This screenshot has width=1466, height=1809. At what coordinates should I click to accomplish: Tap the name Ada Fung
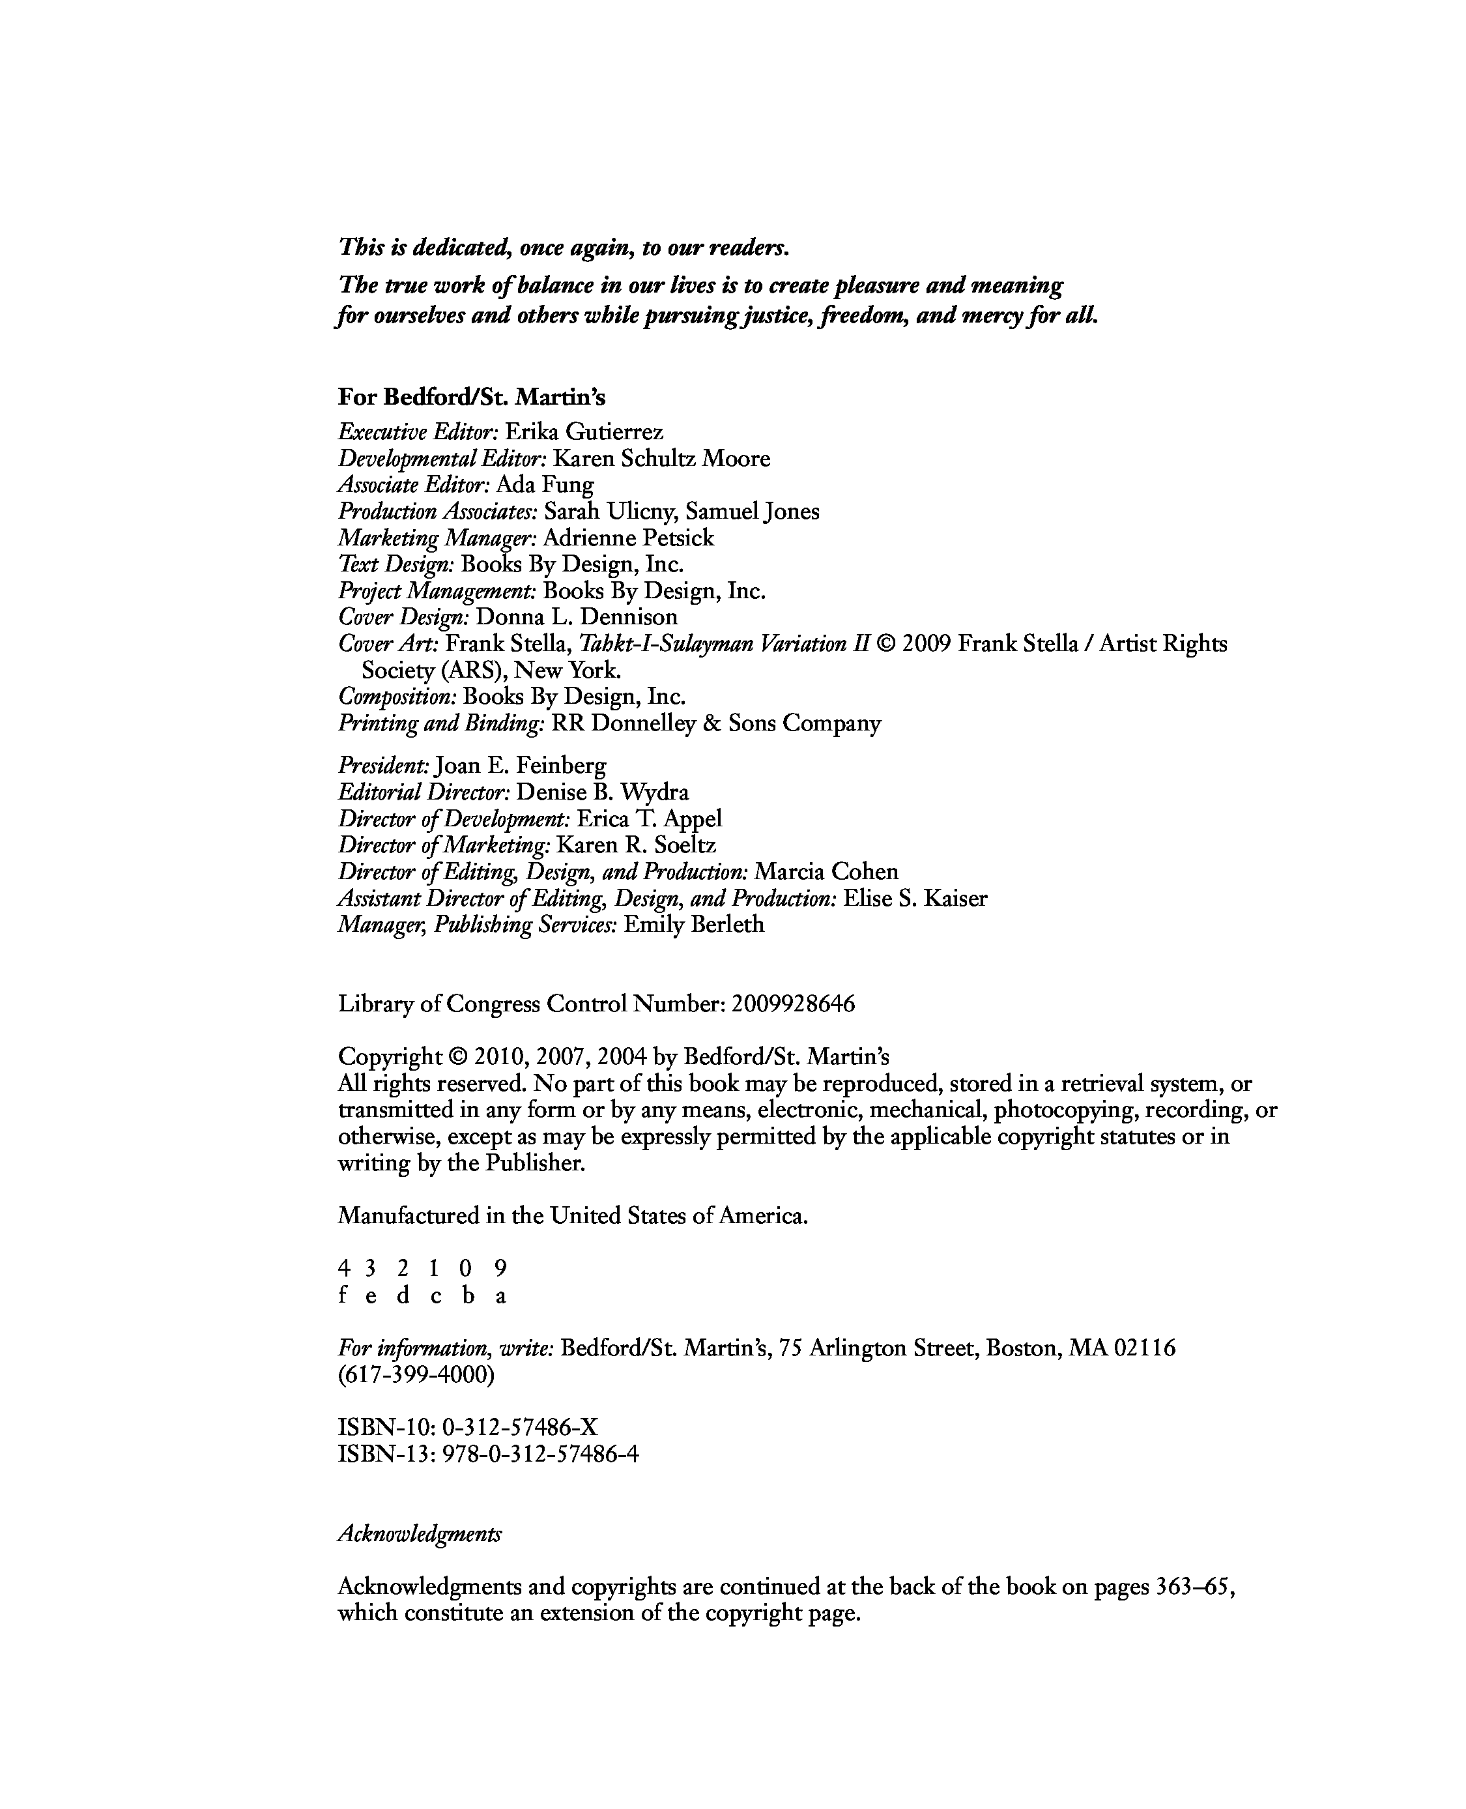(545, 485)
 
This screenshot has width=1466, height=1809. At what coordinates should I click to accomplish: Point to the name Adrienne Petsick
(628, 538)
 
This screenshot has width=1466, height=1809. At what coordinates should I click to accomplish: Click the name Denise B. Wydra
(602, 792)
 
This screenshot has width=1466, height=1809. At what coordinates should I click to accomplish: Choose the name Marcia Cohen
(826, 871)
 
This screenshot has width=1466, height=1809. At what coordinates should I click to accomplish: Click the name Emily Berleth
(693, 925)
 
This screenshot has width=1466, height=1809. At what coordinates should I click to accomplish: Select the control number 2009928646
(793, 1004)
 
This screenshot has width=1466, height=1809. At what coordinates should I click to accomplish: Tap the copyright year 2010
(499, 1056)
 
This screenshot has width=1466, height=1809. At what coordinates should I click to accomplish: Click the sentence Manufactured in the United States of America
(573, 1215)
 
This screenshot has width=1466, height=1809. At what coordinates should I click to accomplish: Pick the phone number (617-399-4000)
(416, 1375)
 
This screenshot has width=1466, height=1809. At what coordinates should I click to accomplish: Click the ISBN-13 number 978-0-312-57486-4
(540, 1454)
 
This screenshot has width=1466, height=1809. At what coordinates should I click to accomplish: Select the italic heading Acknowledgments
(420, 1534)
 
